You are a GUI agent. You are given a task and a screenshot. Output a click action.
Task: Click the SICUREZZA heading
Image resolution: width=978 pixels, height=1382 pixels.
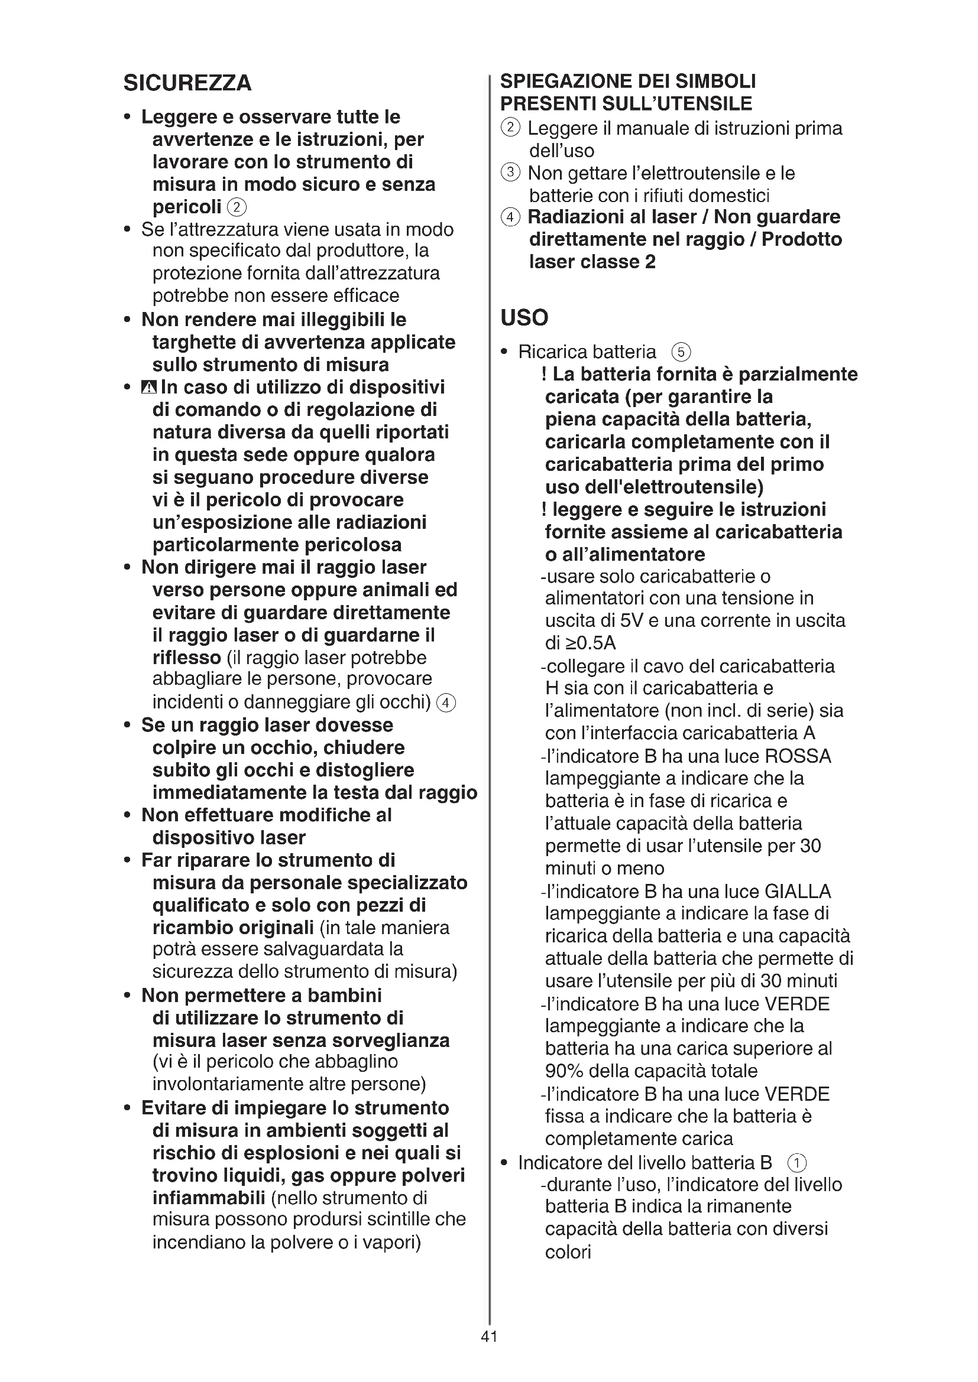[187, 83]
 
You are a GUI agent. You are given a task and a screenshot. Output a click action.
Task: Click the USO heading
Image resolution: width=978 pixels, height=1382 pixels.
[524, 317]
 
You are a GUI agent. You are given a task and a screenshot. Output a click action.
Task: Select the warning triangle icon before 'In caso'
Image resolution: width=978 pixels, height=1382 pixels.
[148, 387]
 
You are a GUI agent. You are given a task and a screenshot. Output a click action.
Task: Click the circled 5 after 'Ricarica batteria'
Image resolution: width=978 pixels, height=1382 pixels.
[681, 352]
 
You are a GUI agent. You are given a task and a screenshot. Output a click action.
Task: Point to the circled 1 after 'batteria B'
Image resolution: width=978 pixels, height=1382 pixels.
[796, 1162]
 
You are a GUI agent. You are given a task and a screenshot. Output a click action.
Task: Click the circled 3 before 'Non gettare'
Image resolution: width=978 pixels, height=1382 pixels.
[510, 173]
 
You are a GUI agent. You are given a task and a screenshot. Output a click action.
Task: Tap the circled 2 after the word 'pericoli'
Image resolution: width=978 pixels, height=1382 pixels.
[237, 207]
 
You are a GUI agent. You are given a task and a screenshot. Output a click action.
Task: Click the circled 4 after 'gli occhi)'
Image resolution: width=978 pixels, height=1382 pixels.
[446, 703]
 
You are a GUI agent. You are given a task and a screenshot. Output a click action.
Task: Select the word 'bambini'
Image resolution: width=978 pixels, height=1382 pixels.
[345, 995]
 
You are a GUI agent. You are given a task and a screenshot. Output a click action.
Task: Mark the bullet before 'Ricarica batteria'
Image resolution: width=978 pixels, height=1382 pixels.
[504, 352]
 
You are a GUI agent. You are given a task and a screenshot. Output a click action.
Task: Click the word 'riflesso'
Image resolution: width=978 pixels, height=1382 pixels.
[187, 657]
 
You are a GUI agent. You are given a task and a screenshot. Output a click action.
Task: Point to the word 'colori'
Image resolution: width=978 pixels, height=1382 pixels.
[568, 1252]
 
